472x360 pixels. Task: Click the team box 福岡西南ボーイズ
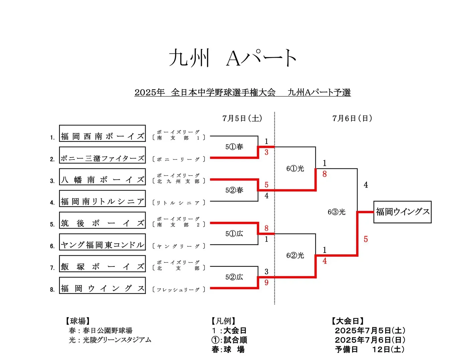[102, 133]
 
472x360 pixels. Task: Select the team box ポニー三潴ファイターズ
[102, 155]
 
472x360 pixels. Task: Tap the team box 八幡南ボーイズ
[102, 176]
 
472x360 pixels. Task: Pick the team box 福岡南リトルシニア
[102, 198]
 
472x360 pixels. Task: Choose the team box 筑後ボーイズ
[102, 220]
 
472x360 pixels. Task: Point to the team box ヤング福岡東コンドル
[102, 242]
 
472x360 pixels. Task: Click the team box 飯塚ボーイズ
[102, 263]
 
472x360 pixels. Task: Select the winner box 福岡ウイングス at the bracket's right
[402, 212]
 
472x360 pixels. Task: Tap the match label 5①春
[234, 147]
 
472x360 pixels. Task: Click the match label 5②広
[234, 277]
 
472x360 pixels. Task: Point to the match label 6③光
[336, 212]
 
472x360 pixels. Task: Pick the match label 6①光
[295, 168]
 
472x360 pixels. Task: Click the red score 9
[267, 282]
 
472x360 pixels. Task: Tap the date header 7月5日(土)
[242, 118]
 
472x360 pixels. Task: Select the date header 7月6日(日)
[352, 118]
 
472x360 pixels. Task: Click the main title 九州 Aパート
[233, 58]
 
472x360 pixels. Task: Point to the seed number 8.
[52, 289]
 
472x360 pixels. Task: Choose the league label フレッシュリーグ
[178, 289]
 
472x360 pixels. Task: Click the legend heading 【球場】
[77, 321]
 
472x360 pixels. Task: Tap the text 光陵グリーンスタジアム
[117, 340]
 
